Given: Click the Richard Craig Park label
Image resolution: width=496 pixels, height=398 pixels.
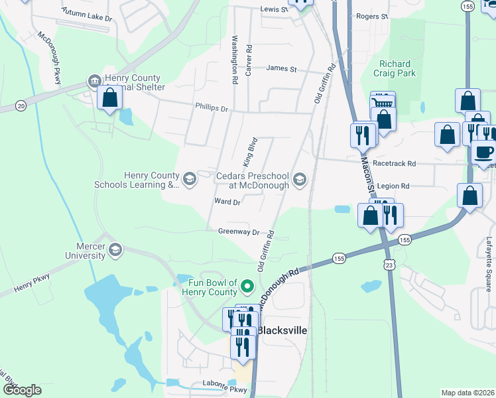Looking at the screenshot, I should [x=395, y=68].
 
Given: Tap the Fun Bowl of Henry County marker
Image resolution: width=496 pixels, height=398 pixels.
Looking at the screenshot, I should [x=247, y=287].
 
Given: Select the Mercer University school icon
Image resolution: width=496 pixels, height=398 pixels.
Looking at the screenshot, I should [x=115, y=249].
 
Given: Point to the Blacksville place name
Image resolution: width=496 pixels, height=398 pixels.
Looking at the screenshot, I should [x=282, y=330].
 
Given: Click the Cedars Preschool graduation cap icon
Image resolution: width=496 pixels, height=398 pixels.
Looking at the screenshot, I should [x=300, y=178].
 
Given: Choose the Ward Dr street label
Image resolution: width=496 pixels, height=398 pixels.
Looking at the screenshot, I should [x=227, y=202].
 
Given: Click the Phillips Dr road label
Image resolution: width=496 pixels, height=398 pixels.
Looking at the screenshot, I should [x=212, y=107].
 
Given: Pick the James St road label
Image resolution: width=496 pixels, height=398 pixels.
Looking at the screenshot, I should [x=281, y=68].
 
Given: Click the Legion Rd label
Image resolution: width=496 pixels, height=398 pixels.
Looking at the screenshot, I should [x=396, y=186].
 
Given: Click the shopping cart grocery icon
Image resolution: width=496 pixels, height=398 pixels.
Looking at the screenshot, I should [x=383, y=103].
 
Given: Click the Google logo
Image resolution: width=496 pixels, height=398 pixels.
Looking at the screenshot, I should [x=22, y=390].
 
